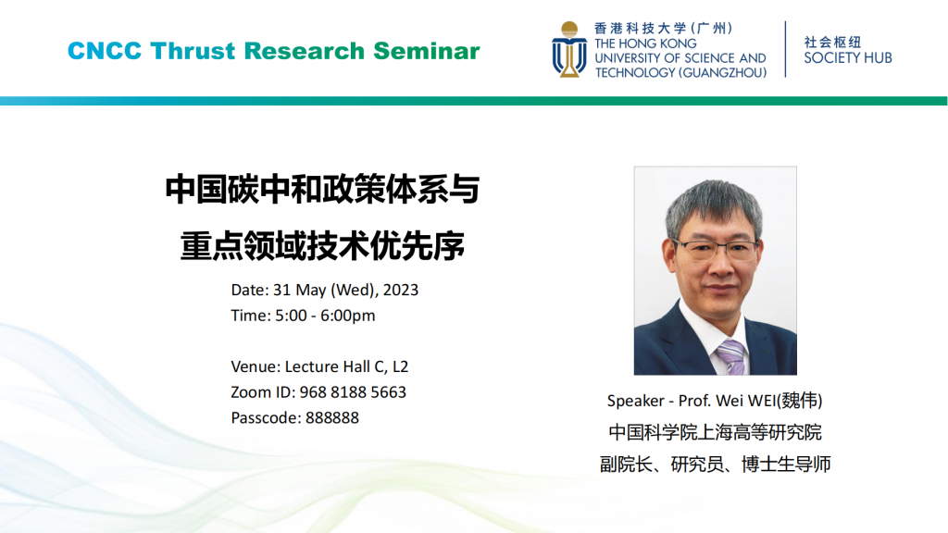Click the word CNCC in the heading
105,51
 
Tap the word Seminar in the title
427,51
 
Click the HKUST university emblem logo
569,50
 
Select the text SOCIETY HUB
848,58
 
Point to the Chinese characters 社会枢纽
832,42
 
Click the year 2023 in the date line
400,290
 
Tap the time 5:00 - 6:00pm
325,316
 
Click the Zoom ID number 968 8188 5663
353,392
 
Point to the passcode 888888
332,417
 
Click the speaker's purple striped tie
731,356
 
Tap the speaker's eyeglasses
717,249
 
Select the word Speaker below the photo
635,401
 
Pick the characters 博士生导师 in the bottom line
787,465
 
